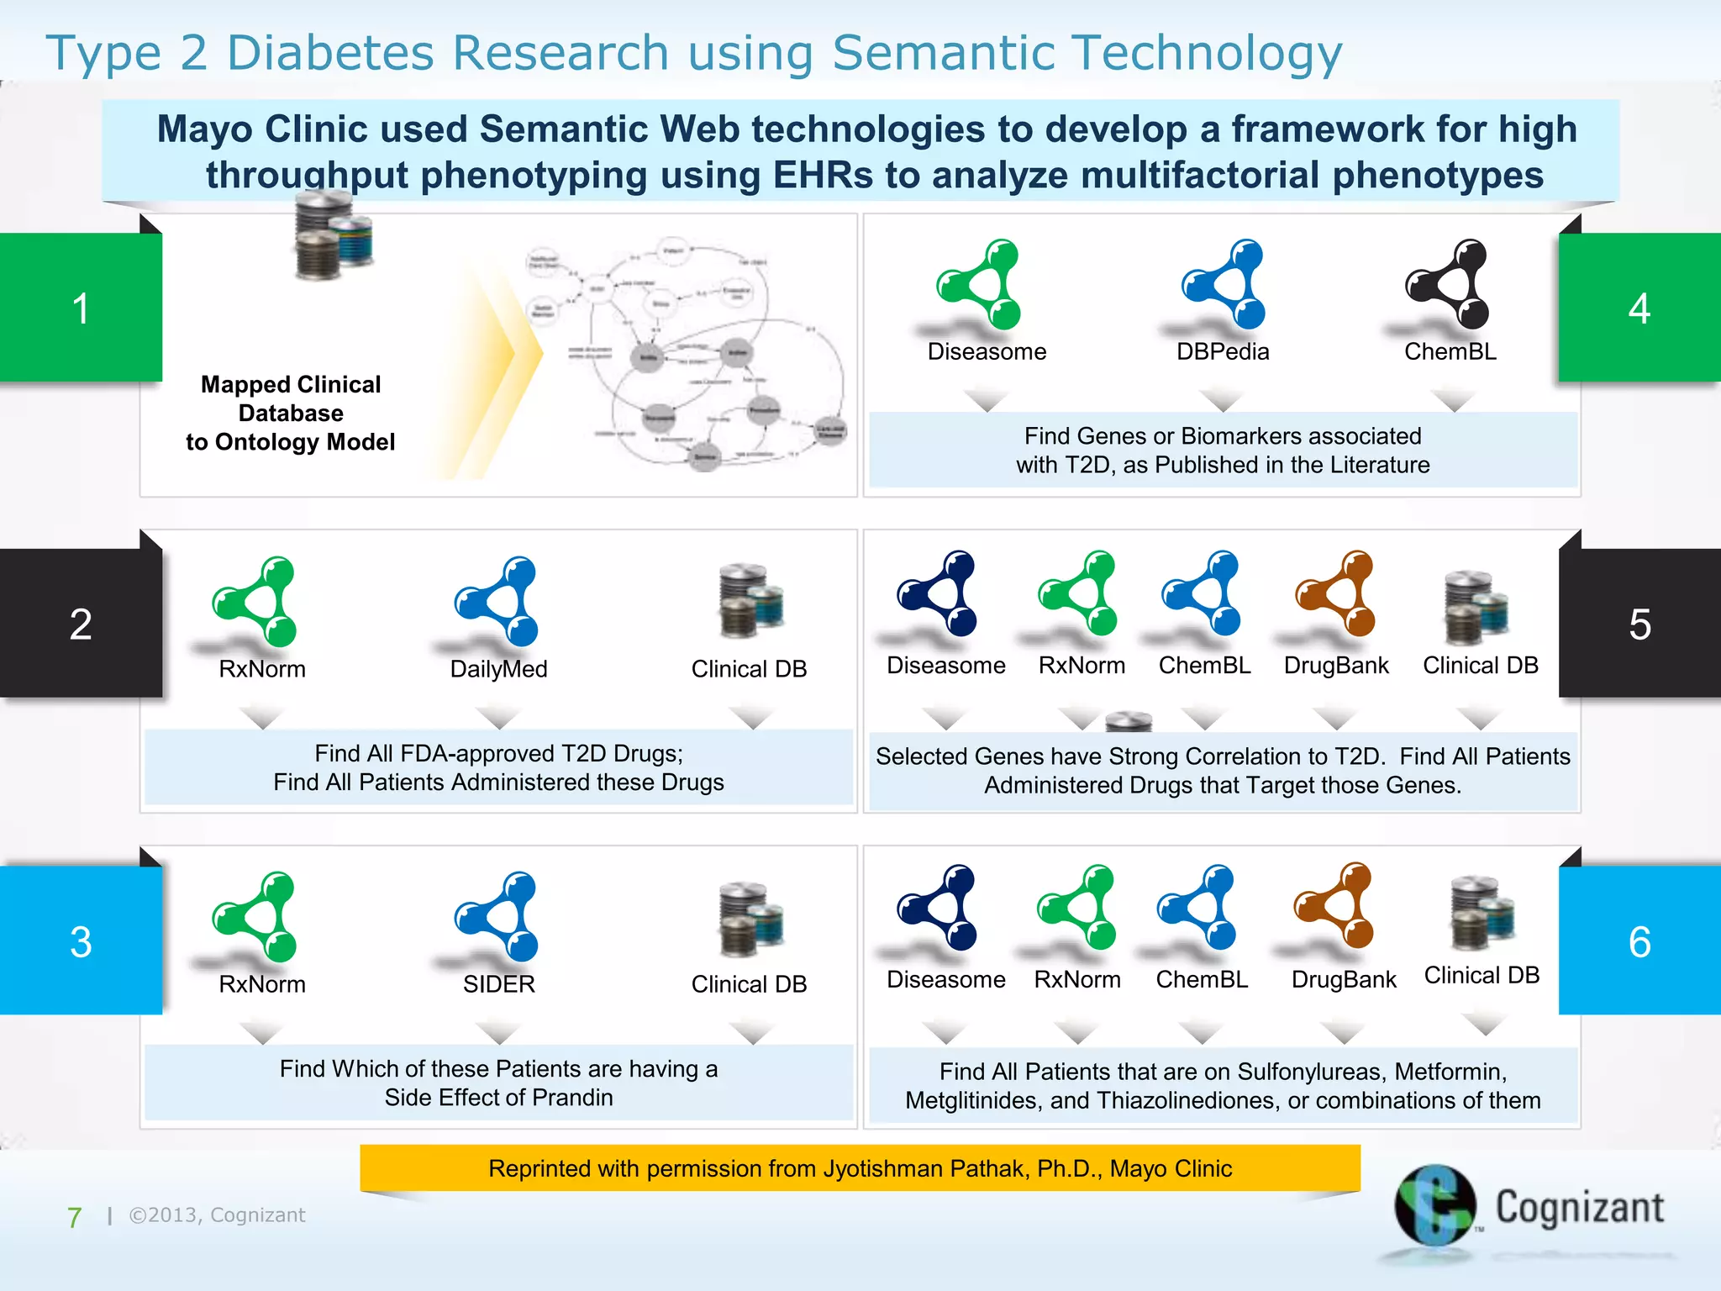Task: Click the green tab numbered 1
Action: [81, 308]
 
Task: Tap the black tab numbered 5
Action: [1639, 624]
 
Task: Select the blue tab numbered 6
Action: [1639, 941]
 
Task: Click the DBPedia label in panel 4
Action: [1222, 351]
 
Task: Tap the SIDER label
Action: [498, 983]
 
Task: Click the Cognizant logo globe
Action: [1435, 1205]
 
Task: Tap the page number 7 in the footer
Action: [74, 1217]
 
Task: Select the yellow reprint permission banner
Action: [860, 1168]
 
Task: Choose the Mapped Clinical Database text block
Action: [291, 413]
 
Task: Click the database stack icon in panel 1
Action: [333, 235]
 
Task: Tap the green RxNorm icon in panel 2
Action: [255, 600]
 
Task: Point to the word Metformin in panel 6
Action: [1450, 1072]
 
